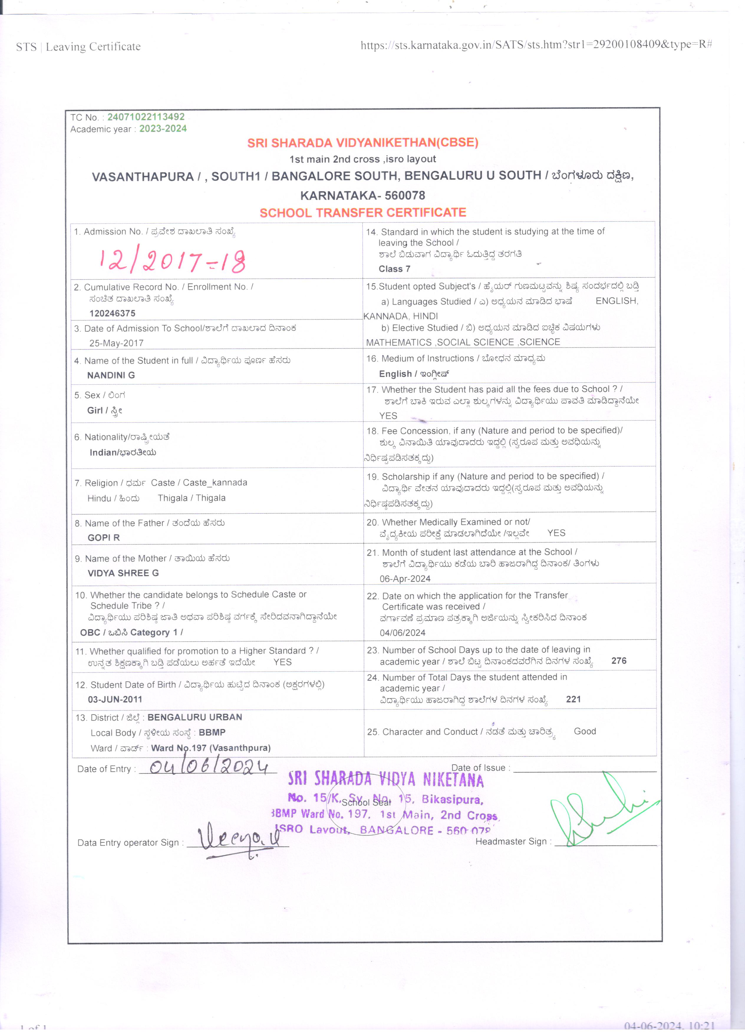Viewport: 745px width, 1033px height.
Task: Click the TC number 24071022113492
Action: click(x=146, y=117)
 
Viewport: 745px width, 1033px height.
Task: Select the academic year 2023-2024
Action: click(x=163, y=129)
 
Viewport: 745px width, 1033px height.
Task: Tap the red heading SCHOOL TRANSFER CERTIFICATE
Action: click(x=363, y=213)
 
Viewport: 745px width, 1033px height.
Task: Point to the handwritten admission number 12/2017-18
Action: click(x=172, y=261)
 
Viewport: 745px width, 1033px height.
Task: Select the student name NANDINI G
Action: click(x=111, y=375)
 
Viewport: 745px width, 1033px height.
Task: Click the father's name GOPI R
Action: click(x=103, y=538)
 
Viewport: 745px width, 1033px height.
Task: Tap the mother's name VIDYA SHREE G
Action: click(x=123, y=573)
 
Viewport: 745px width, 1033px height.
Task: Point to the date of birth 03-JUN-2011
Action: click(x=115, y=699)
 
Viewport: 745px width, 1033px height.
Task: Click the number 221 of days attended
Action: click(x=573, y=699)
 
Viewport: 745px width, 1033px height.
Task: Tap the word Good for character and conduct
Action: click(x=585, y=731)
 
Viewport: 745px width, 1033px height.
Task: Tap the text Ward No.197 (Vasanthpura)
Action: click(x=210, y=748)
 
